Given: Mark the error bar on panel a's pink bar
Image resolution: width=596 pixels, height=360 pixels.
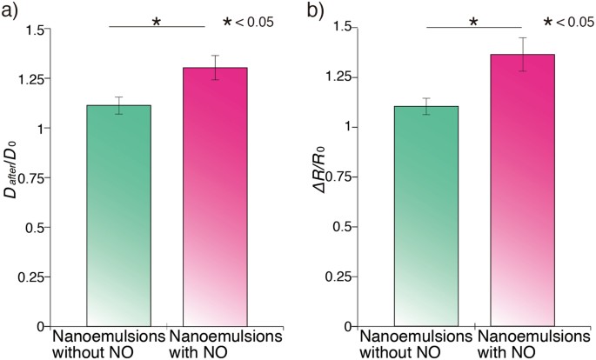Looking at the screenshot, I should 215,68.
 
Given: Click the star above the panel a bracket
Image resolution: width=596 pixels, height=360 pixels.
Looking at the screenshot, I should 157,20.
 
